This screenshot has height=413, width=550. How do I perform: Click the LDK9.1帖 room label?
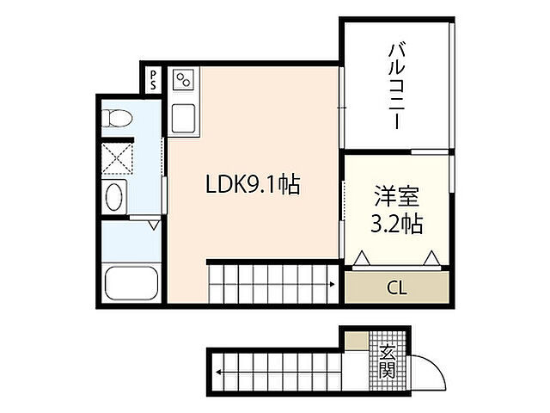click(252, 185)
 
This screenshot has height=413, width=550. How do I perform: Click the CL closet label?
click(396, 287)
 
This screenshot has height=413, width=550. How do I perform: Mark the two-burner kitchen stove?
click(183, 81)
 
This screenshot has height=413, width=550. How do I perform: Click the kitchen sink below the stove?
click(183, 118)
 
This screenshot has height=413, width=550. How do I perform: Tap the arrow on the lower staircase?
click(222, 373)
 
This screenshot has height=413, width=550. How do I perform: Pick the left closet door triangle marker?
click(362, 256)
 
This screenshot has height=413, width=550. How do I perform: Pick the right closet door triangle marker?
click(431, 256)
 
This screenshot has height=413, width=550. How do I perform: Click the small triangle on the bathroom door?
click(153, 225)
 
